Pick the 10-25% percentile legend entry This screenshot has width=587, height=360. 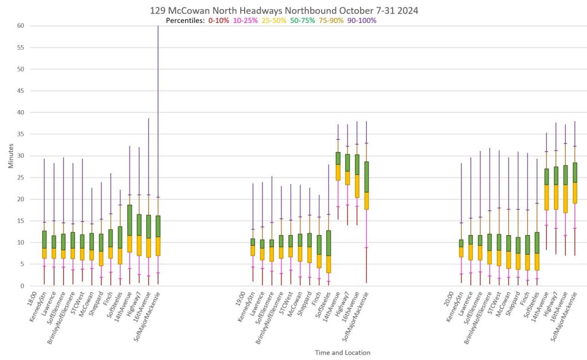tap(245, 21)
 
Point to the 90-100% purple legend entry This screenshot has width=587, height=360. tap(362, 21)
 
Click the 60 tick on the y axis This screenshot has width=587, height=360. tap(20, 26)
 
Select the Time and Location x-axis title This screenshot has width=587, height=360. tap(342, 353)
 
